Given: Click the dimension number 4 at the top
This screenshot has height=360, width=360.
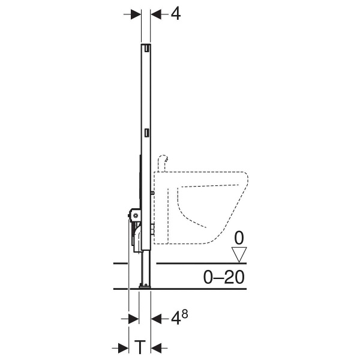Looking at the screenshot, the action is tap(176, 14).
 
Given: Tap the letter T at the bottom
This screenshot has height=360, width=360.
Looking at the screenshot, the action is tap(140, 347).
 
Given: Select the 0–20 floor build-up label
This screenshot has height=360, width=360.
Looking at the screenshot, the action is tap(224, 277).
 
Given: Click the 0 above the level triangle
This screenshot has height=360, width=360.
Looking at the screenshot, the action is tap(239, 238).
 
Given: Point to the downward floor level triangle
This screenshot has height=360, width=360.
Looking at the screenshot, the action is tap(239, 254).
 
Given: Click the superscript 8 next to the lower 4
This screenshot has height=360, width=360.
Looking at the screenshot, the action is tap(185, 314).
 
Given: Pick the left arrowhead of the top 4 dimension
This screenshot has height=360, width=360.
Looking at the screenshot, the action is tap(136, 14).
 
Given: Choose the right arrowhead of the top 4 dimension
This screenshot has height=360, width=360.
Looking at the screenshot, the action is tap(156, 14).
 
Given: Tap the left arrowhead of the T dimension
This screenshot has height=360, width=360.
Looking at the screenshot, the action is tap(123, 349).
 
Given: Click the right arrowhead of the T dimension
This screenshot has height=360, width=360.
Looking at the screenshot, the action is tap(156, 349).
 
